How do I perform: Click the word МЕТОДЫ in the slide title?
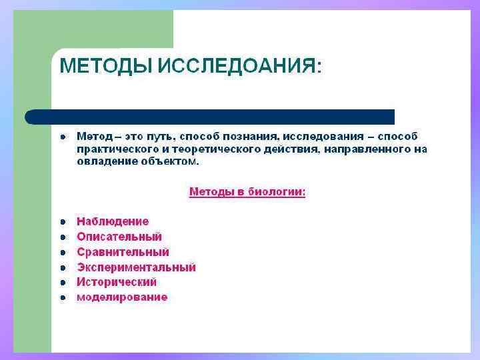(x=105, y=67)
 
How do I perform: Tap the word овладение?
(x=104, y=161)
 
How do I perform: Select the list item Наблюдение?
(x=113, y=221)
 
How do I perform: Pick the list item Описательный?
(x=119, y=237)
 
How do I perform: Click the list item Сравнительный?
(x=123, y=252)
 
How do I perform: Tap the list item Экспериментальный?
(x=136, y=267)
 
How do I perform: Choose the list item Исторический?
(x=117, y=282)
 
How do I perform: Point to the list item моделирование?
(x=122, y=297)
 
